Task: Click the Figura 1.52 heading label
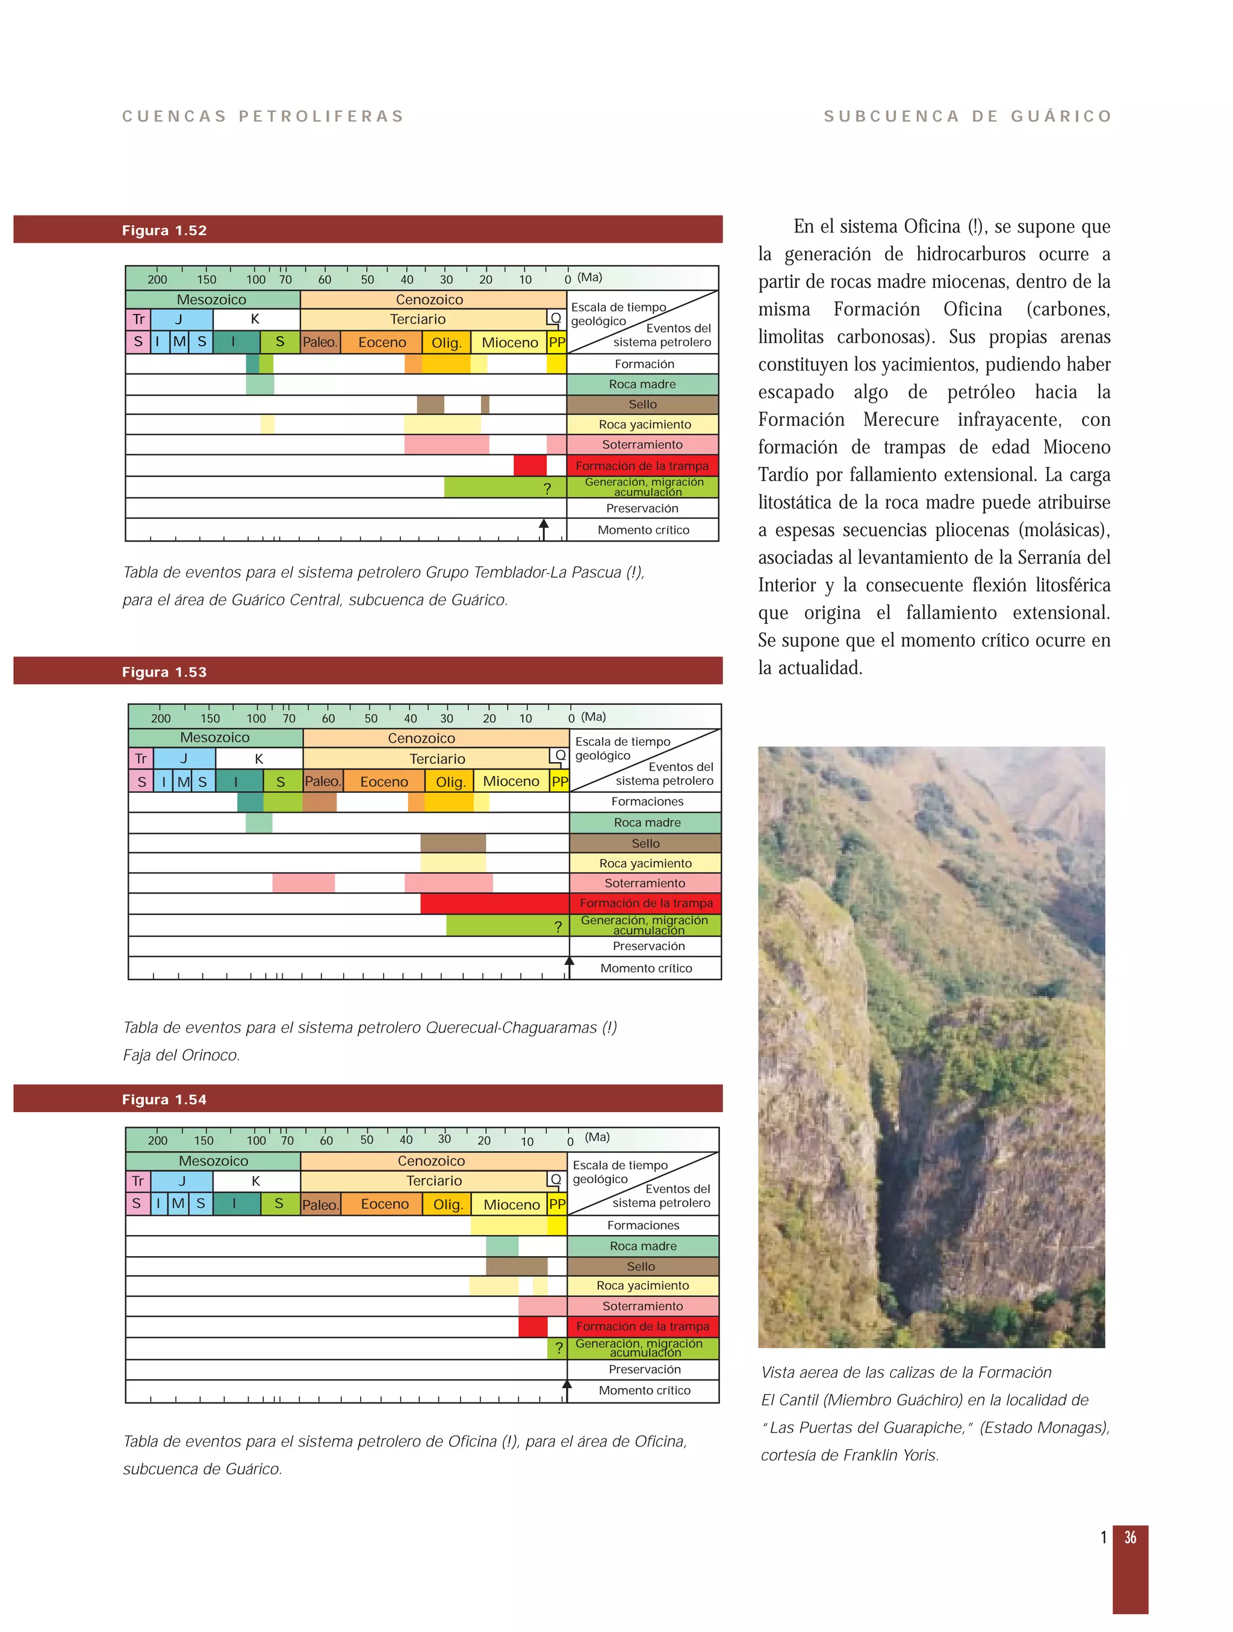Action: tap(164, 230)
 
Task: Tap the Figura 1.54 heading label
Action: tap(164, 1099)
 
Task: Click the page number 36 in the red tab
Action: tap(1130, 1537)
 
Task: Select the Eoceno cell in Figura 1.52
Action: tap(381, 342)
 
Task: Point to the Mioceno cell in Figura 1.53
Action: tap(511, 781)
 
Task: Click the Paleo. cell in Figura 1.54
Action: tap(320, 1204)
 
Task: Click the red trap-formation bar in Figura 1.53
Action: tap(494, 903)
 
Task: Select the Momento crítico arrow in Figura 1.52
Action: tap(544, 528)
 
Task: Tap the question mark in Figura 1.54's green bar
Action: tap(559, 1348)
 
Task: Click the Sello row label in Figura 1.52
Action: tap(642, 404)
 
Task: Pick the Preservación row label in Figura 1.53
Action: tap(648, 946)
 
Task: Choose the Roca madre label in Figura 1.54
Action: tap(643, 1245)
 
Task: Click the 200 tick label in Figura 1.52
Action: tap(157, 280)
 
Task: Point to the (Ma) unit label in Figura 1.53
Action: tap(593, 716)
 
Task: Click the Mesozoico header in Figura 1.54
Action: tap(213, 1160)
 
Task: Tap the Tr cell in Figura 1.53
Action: tap(141, 758)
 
